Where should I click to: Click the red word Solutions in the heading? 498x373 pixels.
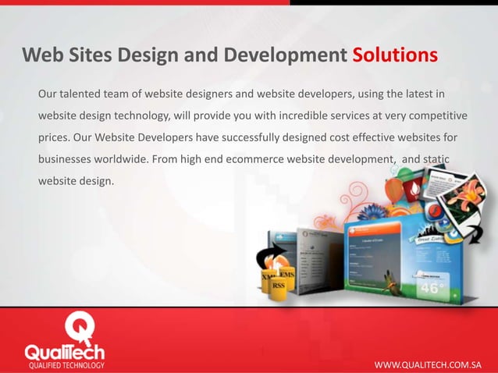coord(394,56)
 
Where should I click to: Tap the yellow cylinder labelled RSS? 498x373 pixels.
coord(277,285)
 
